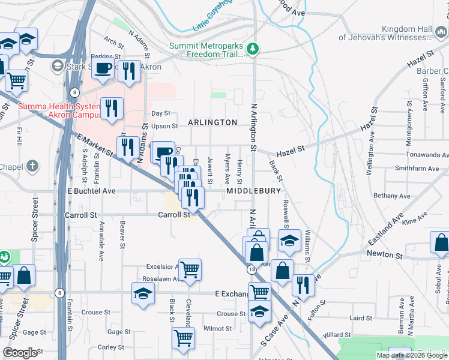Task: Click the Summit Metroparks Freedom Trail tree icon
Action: click(x=254, y=49)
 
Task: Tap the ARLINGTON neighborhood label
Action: click(x=212, y=122)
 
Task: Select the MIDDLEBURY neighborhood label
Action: click(x=254, y=191)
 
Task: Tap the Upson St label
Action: click(x=165, y=126)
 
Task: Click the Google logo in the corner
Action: click(x=20, y=353)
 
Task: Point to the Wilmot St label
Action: click(x=217, y=329)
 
